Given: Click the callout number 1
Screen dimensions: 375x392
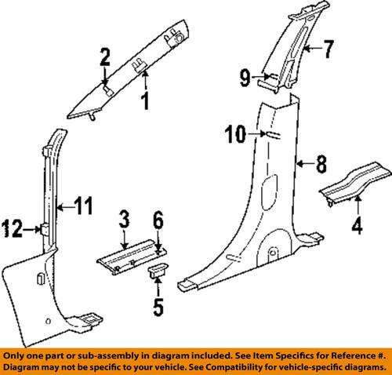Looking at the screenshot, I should [143, 100].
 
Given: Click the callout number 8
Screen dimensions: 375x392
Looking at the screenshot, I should [320, 164].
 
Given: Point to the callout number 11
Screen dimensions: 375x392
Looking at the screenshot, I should [84, 207].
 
